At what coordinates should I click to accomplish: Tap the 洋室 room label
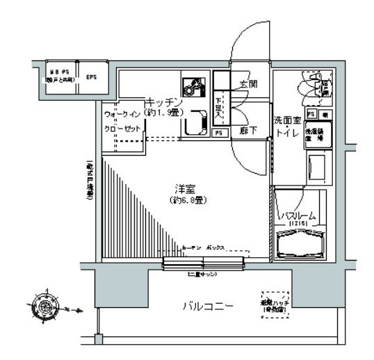184,187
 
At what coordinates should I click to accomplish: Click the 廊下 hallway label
248,130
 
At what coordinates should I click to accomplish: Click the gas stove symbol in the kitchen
193,88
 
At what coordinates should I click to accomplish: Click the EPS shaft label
91,77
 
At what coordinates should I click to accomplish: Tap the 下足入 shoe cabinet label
219,106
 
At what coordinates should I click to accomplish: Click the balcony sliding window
204,263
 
